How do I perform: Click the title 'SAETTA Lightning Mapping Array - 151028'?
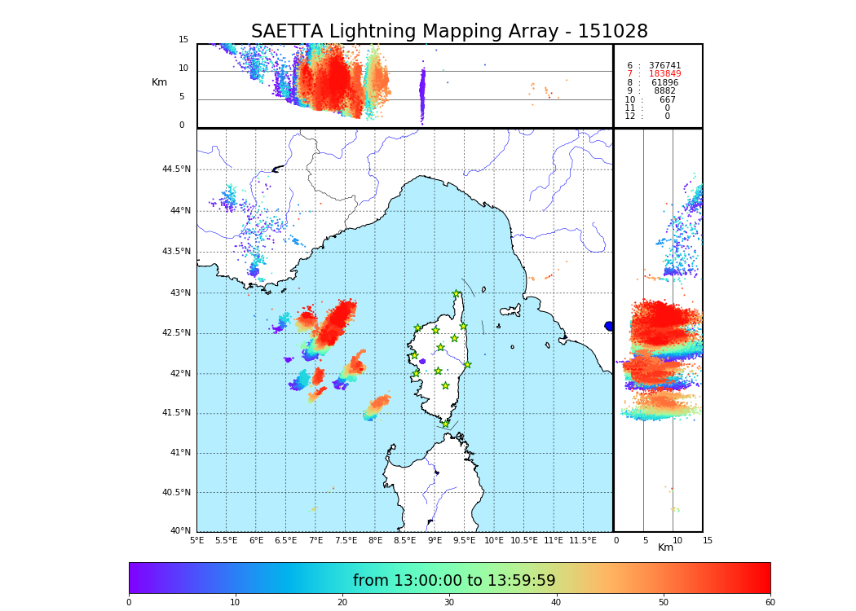coord(449,32)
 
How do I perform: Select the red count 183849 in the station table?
coord(664,74)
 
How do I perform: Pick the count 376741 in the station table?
coord(664,66)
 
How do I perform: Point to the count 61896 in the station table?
coord(664,83)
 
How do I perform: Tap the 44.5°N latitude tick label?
coord(176,169)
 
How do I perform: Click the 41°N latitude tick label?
coord(179,453)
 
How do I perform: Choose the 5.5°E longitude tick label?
coord(226,540)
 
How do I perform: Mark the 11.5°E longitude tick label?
coord(583,540)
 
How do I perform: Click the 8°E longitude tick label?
coord(375,540)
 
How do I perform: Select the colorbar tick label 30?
coord(449,603)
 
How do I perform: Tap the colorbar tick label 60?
coord(770,603)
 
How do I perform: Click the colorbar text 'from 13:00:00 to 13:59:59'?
coord(454,581)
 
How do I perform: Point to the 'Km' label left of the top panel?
coord(159,82)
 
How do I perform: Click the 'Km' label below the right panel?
coord(665,547)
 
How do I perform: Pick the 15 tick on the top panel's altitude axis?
coord(183,40)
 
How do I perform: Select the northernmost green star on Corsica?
coord(457,294)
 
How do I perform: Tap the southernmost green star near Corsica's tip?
coord(445,424)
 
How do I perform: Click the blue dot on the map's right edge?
coord(609,326)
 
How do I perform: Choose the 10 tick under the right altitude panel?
coord(677,540)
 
